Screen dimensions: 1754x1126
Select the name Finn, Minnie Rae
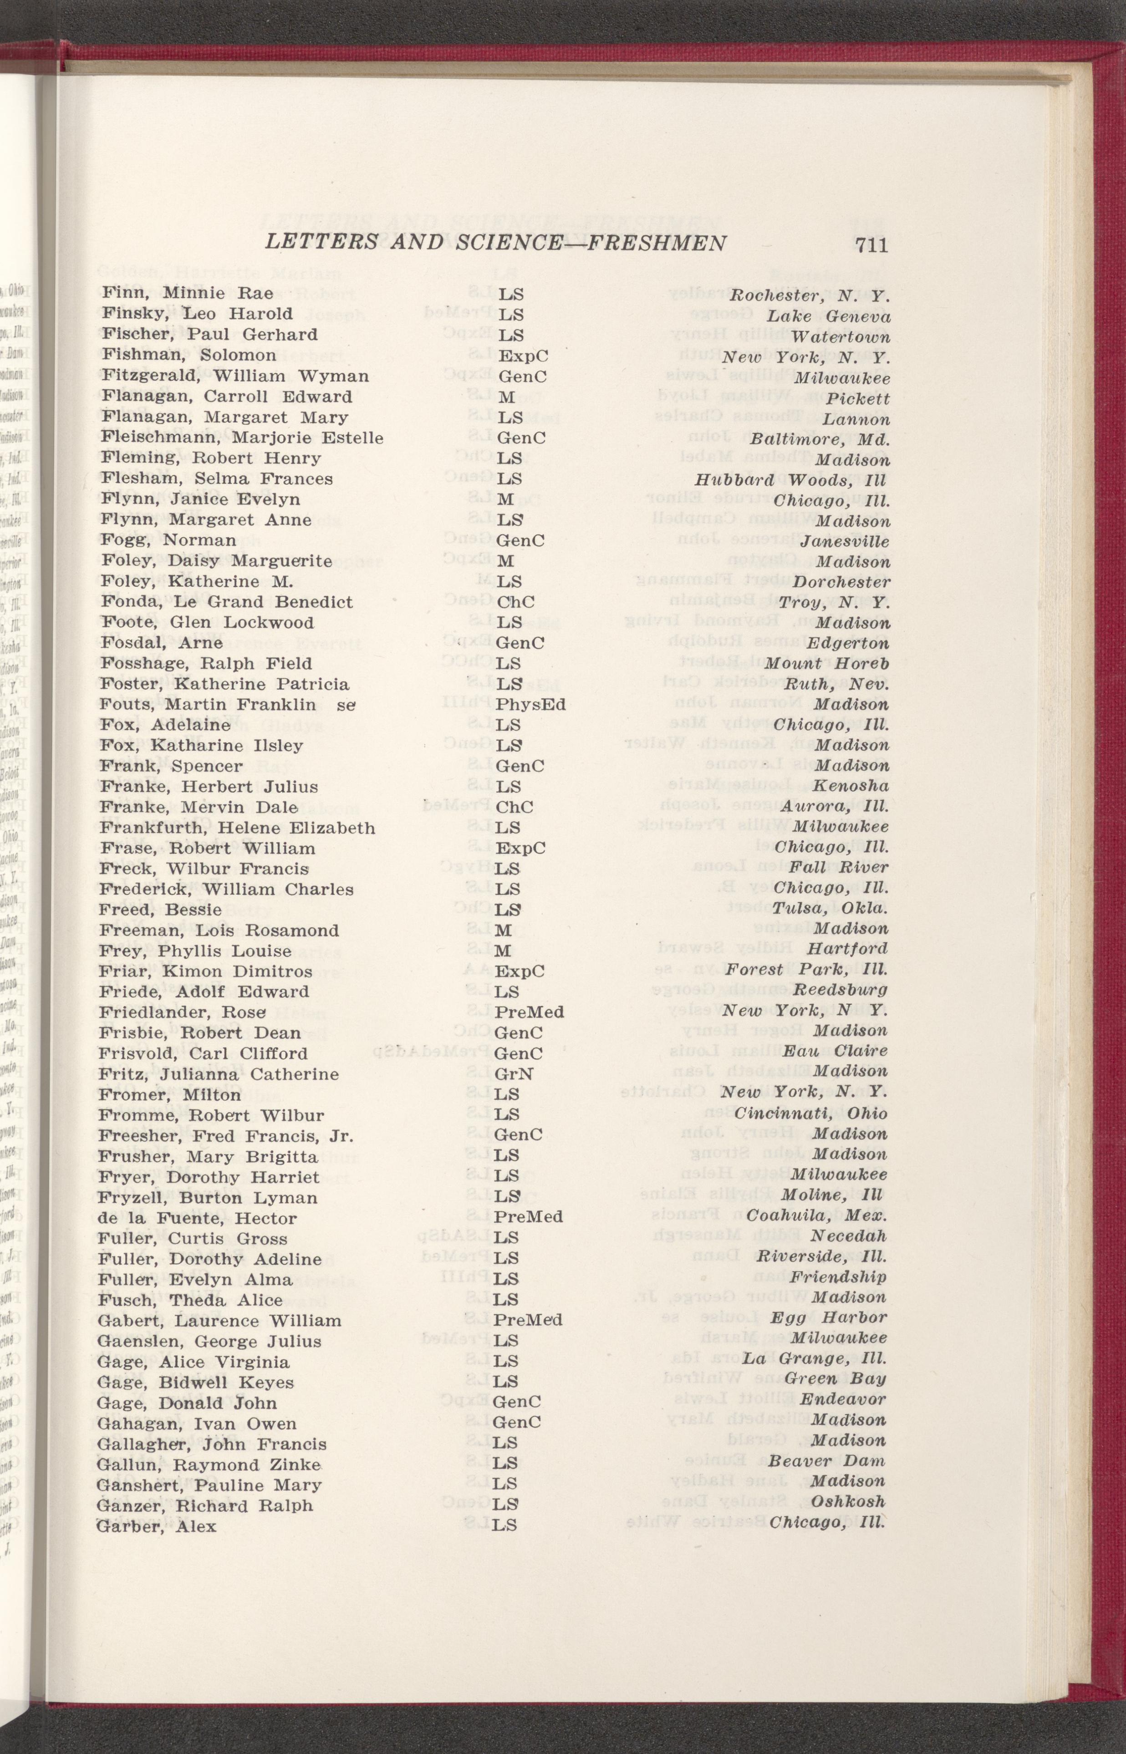[187, 294]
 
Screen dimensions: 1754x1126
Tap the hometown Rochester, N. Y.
[810, 296]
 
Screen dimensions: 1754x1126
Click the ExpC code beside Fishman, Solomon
[522, 356]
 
